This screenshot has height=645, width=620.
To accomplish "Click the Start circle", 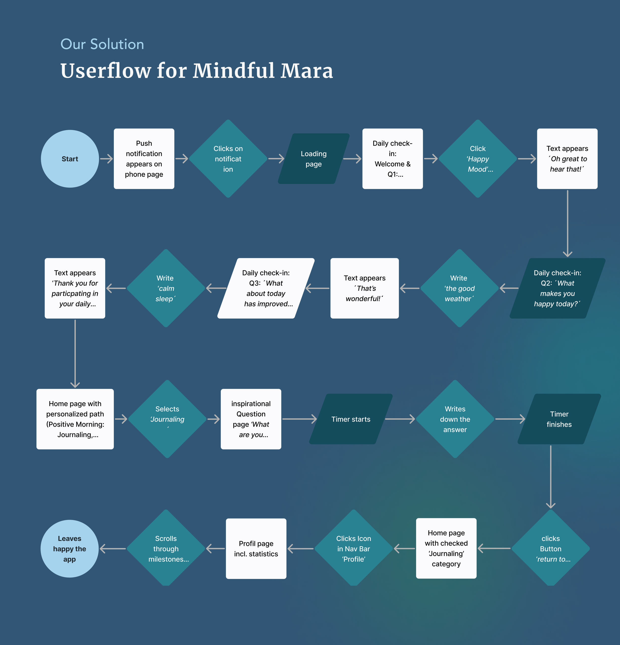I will (x=70, y=159).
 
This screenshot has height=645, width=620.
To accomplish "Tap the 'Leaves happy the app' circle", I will (x=69, y=549).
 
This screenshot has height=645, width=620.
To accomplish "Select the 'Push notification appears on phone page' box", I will (x=144, y=159).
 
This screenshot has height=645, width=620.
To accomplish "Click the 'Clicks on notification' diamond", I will (x=228, y=159).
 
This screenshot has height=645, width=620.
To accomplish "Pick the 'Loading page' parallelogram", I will (x=313, y=159).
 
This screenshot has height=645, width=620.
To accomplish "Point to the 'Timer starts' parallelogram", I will (x=351, y=419).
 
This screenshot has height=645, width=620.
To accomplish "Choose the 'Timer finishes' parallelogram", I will (x=559, y=419).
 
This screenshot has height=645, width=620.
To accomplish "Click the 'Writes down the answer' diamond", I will (x=455, y=419).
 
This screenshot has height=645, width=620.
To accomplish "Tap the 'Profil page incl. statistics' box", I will (x=256, y=549).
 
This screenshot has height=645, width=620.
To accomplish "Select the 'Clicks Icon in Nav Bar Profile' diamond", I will (x=354, y=549).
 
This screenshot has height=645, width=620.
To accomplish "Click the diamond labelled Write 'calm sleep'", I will (x=166, y=288).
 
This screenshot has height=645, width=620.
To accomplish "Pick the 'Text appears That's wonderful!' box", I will (x=365, y=288).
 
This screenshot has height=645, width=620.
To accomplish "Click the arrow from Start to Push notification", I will (x=106, y=159).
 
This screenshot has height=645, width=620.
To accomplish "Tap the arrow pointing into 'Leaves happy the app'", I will (x=113, y=549).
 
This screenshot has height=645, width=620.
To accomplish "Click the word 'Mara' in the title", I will (x=307, y=71).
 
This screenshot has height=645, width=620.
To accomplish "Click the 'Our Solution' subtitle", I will (x=102, y=44).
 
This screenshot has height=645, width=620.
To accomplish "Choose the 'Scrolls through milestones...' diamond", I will (x=166, y=549).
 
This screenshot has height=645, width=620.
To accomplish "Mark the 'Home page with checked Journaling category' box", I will (x=446, y=549).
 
